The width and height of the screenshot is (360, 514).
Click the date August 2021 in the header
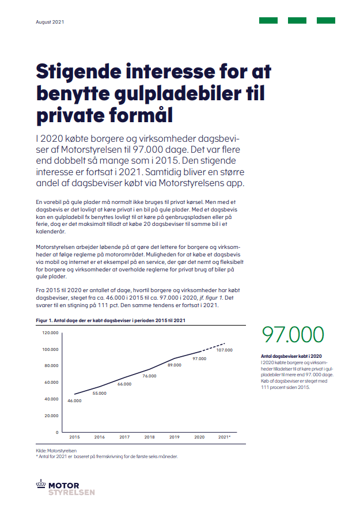50,22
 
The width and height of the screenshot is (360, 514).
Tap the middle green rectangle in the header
297,21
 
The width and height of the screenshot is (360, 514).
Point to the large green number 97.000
293,335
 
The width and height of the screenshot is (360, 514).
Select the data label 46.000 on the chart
74,400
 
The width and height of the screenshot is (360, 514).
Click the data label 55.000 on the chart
99,393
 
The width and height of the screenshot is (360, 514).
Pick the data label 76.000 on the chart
149,376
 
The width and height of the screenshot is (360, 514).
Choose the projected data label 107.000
225,350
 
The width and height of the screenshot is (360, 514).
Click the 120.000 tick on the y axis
51,333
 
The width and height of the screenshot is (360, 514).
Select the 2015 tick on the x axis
74,438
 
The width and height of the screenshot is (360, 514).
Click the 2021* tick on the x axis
225,438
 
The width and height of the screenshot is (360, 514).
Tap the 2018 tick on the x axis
149,438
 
